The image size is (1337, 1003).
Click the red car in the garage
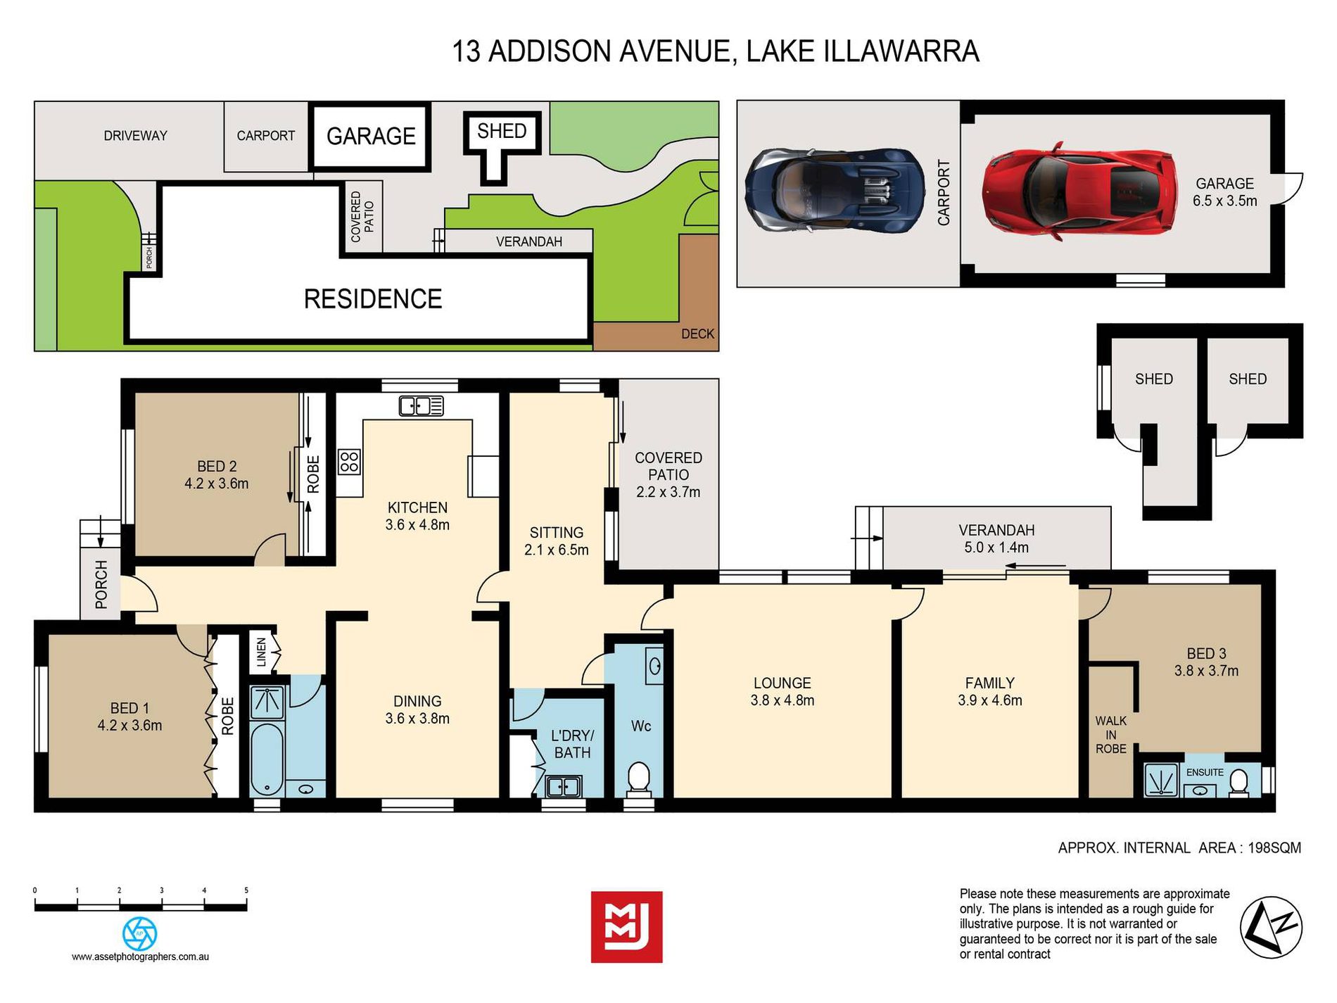coord(1080,191)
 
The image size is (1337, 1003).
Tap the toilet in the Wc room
coord(639,777)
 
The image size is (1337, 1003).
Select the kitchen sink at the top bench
coord(421,405)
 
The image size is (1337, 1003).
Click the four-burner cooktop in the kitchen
coord(349,462)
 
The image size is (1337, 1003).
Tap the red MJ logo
coord(626,927)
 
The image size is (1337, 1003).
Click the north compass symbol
coord(1271,928)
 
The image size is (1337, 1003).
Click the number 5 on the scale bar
coord(246,890)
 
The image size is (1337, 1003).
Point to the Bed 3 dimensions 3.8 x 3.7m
coord(1206,671)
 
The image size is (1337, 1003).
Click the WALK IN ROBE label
coord(1110,735)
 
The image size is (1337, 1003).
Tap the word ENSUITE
coord(1205,772)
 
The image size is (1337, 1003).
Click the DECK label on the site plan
coord(697,334)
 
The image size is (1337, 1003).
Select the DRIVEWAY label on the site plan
coord(135,136)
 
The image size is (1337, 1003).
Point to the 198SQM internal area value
coord(1274,847)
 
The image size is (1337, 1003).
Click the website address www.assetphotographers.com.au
coord(140,957)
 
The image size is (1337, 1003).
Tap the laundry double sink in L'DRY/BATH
coord(564,786)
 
